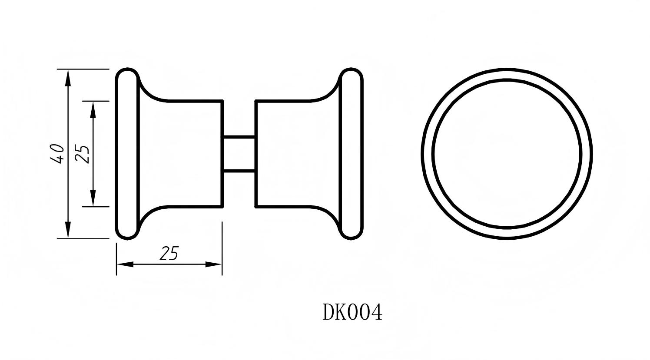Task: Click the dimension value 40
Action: (58, 153)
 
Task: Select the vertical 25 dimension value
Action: (83, 153)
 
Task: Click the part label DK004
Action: (352, 312)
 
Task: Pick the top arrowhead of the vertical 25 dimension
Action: (93, 110)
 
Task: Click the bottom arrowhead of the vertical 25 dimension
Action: (93, 198)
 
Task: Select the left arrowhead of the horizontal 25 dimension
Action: (125, 264)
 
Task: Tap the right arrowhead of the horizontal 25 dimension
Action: (213, 264)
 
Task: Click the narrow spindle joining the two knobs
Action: (239, 154)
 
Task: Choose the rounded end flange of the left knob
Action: (127, 153)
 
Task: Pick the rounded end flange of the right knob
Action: (351, 153)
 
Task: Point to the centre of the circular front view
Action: (507, 154)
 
